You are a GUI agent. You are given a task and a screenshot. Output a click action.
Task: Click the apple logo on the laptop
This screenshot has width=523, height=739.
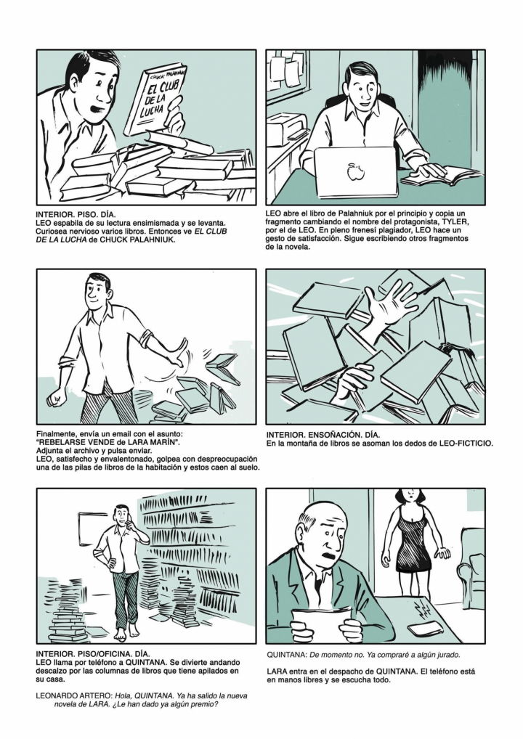pos(353,172)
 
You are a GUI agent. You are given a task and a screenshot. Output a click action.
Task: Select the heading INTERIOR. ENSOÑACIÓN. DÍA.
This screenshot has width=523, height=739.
pos(323,435)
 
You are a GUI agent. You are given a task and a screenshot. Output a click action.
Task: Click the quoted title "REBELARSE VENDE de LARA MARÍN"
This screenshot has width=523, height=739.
pos(108,442)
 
